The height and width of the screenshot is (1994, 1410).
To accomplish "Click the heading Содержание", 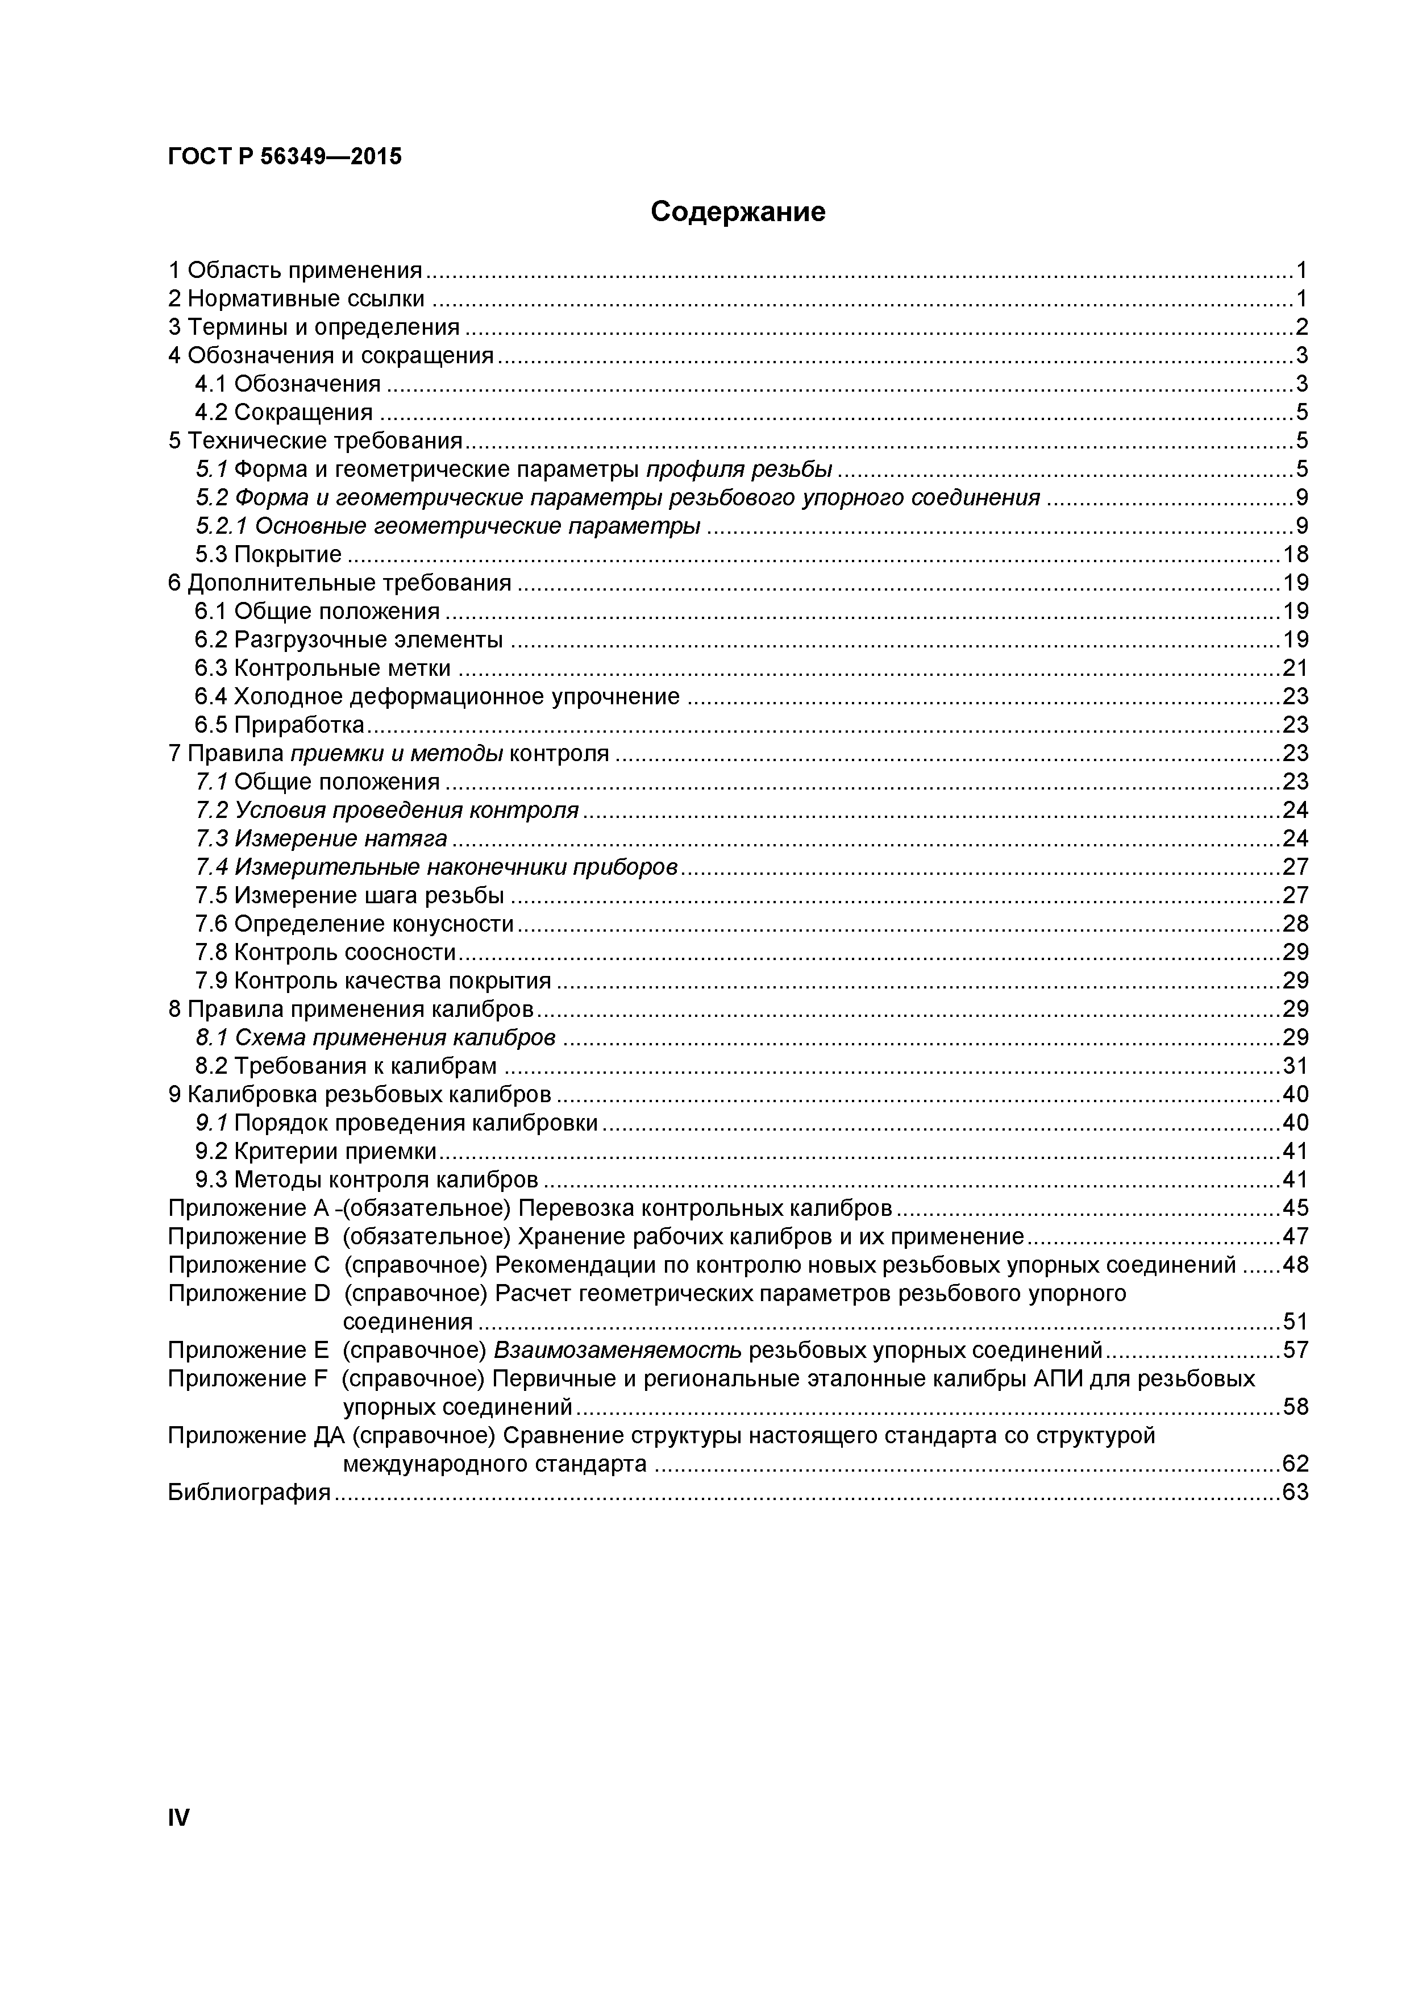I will pos(738,211).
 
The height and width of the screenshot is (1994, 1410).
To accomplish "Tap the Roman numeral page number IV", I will pos(178,1817).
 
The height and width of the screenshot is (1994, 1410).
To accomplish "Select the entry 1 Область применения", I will pos(295,270).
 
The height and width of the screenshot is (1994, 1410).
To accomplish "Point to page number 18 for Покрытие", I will pos(1295,554).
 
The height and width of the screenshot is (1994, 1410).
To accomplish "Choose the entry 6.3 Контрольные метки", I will pos(322,668).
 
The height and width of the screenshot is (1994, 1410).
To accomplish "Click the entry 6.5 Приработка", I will pos(280,724).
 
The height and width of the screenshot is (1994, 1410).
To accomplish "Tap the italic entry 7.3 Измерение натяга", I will pos(321,838).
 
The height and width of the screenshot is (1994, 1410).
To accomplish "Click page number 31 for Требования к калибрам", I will pos(1295,1066).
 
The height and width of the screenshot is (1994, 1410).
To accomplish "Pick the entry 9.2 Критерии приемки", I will pos(315,1150).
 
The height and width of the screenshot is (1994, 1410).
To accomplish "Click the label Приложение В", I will pos(249,1236).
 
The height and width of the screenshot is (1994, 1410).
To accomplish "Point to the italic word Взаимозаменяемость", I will pos(617,1349).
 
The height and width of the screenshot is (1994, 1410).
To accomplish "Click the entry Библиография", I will pos(249,1492).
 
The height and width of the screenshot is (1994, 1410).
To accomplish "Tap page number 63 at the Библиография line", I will pos(1295,1492).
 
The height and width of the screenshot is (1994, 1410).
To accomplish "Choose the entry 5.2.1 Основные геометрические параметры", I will pos(447,525).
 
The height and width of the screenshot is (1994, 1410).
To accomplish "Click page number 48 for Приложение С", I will pos(1295,1265).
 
